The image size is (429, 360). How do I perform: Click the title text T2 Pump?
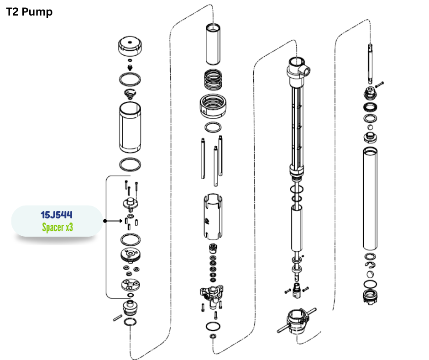pyautogui.click(x=29, y=12)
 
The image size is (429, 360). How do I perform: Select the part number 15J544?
pyautogui.click(x=57, y=215)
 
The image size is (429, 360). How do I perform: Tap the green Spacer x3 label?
pyautogui.click(x=58, y=227)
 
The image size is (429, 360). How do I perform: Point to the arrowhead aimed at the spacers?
pyautogui.click(x=121, y=221)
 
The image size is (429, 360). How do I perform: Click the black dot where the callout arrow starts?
pyautogui.click(x=105, y=221)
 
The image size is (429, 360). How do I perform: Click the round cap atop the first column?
pyautogui.click(x=130, y=46)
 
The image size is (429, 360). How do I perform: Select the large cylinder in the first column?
pyautogui.click(x=130, y=127)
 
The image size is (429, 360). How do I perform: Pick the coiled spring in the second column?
pyautogui.click(x=213, y=79)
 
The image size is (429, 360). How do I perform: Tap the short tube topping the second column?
pyautogui.click(x=213, y=44)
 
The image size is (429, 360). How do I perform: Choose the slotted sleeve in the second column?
pyautogui.click(x=213, y=217)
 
